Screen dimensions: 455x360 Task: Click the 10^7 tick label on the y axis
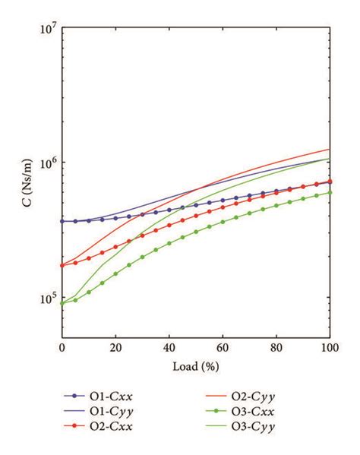48,28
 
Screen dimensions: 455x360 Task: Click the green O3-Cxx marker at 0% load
62,303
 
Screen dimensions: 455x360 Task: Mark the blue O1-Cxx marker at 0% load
62,221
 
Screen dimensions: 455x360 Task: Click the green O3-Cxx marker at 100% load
330,192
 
